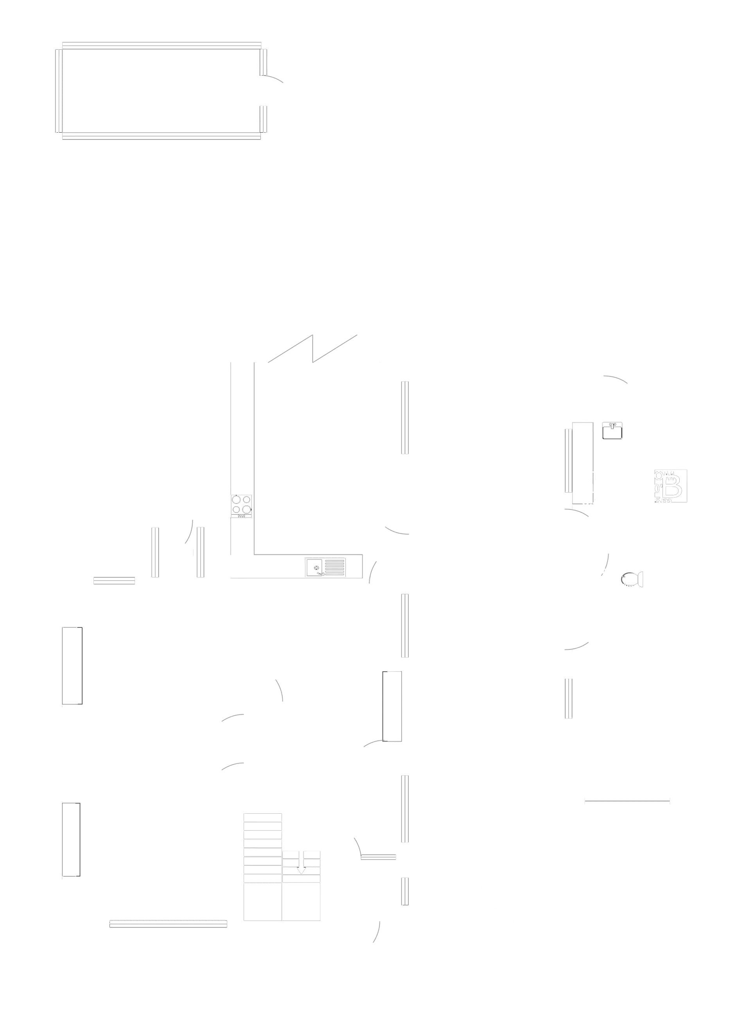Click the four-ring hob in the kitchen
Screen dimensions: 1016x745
tap(242, 506)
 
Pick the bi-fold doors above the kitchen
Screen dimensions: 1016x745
tap(316, 347)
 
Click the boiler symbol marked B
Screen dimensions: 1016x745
tap(674, 485)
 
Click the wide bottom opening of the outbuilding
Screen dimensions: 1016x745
tap(627, 801)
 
